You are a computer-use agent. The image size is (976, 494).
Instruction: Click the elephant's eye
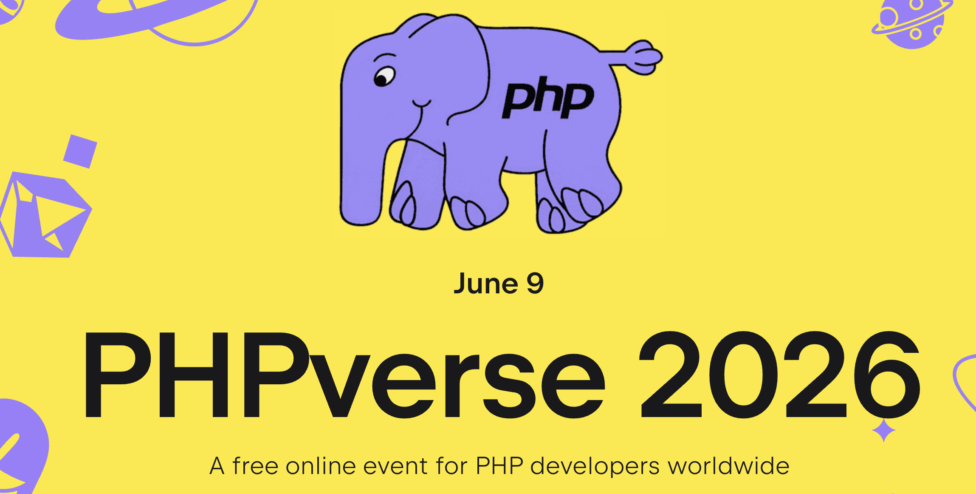coord(384,77)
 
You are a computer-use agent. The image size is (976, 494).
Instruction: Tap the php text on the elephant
coord(548,98)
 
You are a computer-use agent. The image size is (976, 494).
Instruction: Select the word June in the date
coord(486,284)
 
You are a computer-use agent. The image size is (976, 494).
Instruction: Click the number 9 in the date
coord(535,284)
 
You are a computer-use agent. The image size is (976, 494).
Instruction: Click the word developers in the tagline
coord(595,467)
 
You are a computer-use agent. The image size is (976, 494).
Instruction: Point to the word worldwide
coord(728,466)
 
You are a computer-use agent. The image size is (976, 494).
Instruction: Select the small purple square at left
coord(80,151)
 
